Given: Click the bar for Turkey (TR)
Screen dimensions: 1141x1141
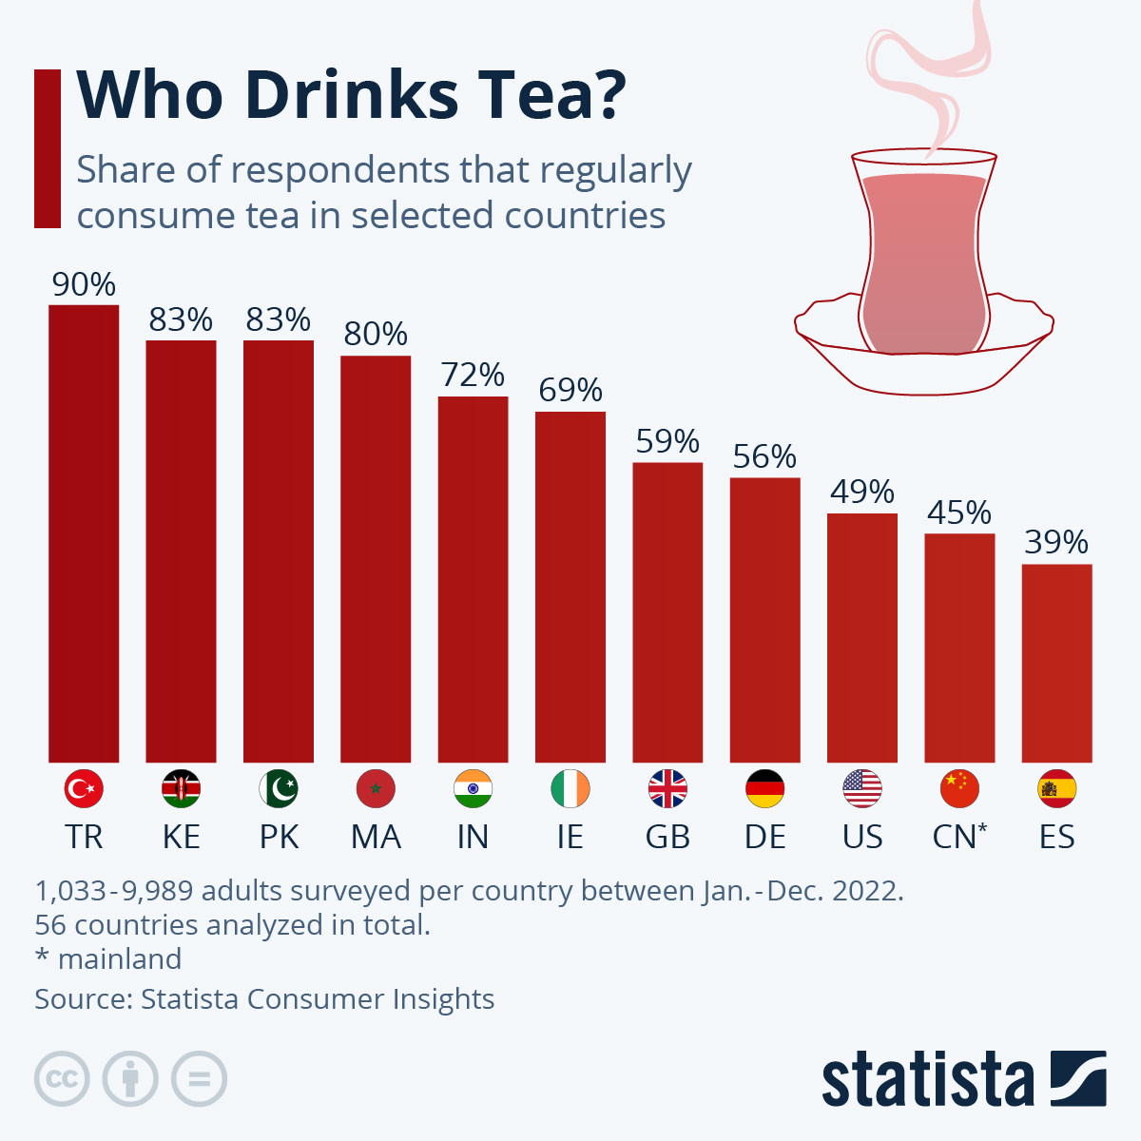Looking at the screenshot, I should (x=84, y=533).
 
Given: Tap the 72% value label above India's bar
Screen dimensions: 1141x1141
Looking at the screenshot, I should (x=473, y=375).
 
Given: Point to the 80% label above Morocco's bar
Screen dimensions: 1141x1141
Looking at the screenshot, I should (x=376, y=334).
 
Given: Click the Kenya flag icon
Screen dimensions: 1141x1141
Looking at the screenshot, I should (x=181, y=788).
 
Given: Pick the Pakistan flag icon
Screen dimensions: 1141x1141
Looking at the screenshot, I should (x=279, y=788).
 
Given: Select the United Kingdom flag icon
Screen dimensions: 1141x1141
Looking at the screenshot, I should (x=667, y=788).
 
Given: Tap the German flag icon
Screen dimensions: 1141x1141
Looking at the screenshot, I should (x=764, y=788).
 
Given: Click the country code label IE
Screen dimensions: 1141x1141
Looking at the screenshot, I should (x=570, y=837).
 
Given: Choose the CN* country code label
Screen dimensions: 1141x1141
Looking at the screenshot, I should (x=959, y=837).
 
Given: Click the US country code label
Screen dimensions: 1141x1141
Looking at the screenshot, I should (x=862, y=837).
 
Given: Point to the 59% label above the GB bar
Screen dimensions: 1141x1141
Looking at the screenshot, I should (x=667, y=441).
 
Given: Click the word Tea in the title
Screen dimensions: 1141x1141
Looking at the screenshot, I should (x=551, y=95).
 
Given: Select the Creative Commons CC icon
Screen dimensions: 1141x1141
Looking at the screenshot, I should (x=62, y=1079).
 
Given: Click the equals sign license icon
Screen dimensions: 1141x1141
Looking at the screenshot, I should (x=200, y=1079).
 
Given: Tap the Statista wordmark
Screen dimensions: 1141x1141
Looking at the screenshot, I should (x=927, y=1080).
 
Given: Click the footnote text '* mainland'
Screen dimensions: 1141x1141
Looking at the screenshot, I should (x=108, y=958).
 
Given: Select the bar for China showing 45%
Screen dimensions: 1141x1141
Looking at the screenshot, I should (x=959, y=648).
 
